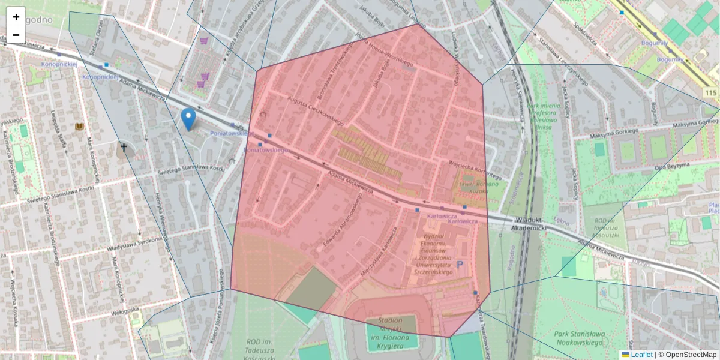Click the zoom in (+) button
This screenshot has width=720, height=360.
click(16, 17)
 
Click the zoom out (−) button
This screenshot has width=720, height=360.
click(16, 35)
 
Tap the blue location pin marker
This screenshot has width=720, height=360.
click(188, 119)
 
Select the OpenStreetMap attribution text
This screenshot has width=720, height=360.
click(687, 355)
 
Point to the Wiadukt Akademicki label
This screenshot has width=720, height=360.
click(528, 224)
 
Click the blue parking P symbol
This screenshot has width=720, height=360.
click(460, 264)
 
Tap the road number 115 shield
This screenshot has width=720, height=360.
click(711, 92)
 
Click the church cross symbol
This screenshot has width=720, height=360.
click(124, 146)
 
